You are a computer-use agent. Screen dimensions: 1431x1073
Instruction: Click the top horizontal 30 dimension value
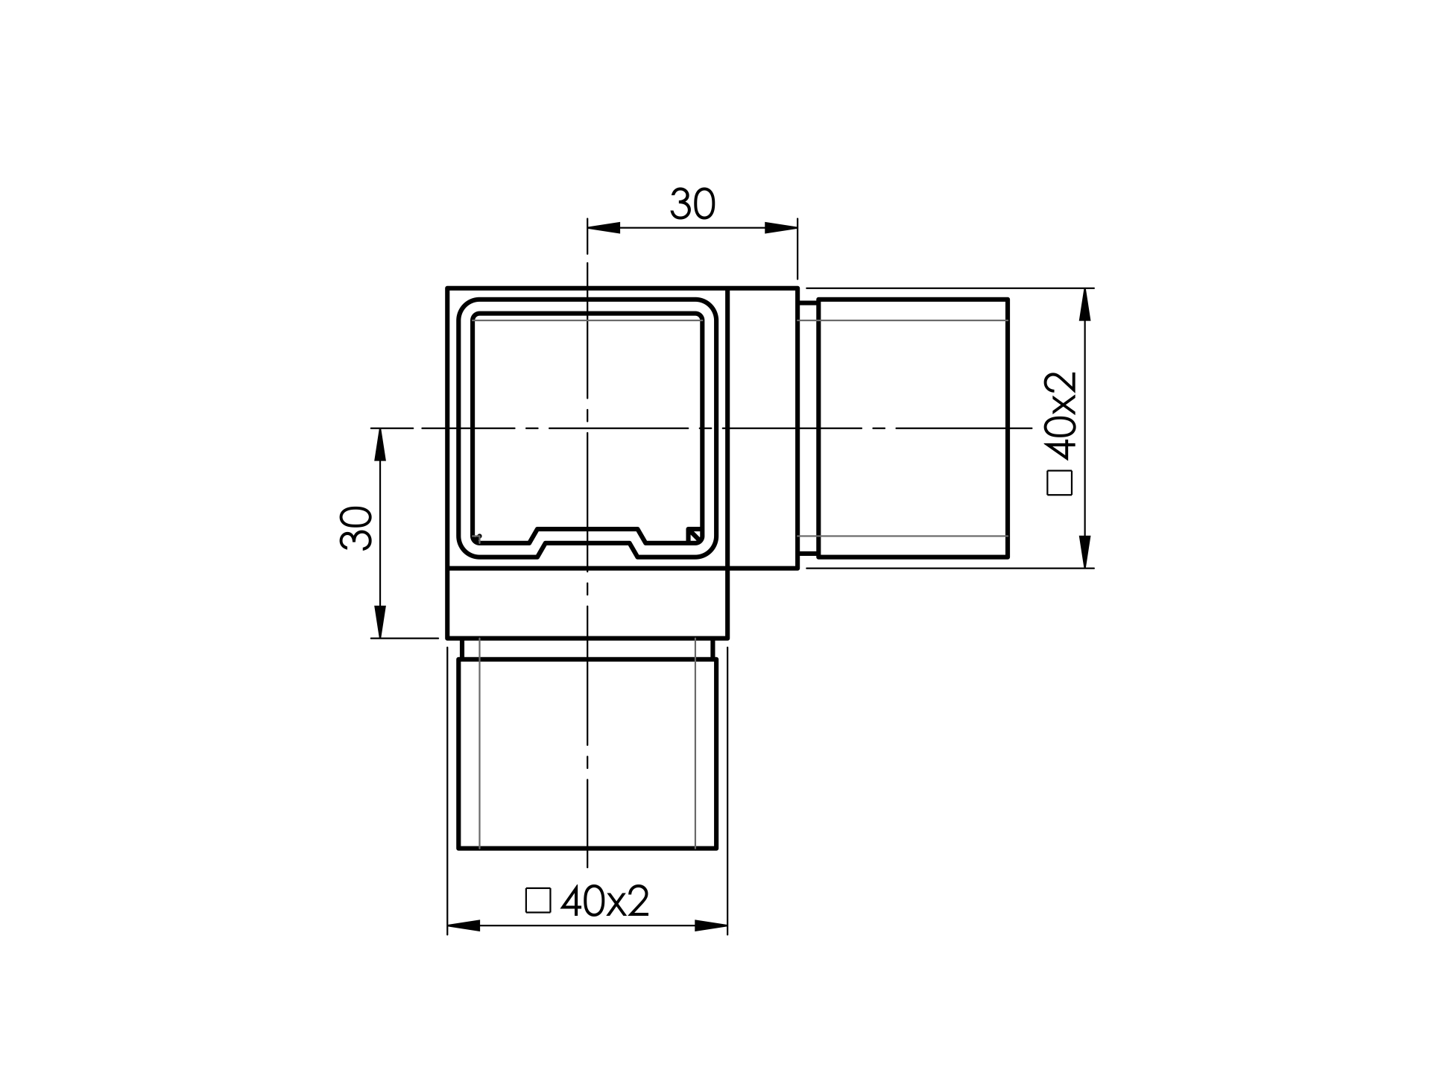click(692, 203)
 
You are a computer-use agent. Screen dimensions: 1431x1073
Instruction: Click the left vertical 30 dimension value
click(356, 528)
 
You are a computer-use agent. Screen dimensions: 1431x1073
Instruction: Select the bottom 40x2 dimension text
click(604, 901)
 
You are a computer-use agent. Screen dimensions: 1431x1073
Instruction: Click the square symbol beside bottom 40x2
click(538, 900)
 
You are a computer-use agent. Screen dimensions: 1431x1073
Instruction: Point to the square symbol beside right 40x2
click(1060, 482)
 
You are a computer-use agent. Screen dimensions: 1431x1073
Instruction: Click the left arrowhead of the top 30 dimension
click(604, 227)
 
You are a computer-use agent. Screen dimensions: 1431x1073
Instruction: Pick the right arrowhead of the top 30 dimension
click(781, 227)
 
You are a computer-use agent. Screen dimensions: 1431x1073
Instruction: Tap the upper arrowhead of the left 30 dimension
click(380, 445)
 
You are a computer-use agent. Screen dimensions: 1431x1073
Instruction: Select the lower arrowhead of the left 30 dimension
click(380, 621)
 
